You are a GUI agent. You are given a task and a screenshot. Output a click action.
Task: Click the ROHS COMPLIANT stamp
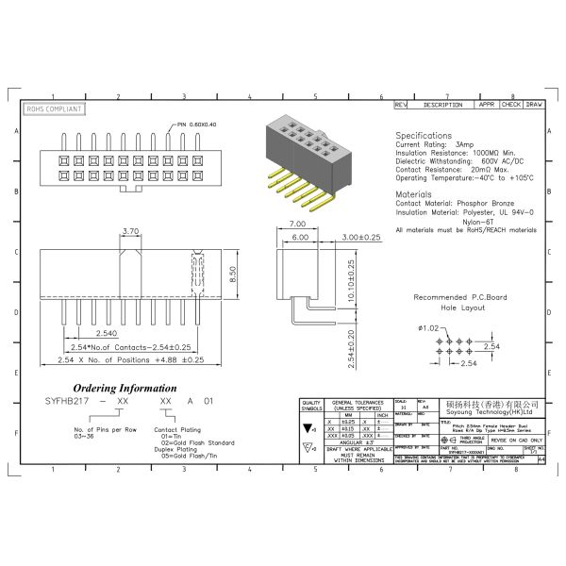click(55, 109)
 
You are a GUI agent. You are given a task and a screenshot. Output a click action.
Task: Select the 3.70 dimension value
click(132, 231)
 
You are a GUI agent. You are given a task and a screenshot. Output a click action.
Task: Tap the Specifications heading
click(423, 136)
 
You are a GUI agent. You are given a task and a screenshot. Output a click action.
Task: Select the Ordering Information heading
click(125, 388)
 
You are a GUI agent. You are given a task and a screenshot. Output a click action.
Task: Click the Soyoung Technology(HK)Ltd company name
click(482, 412)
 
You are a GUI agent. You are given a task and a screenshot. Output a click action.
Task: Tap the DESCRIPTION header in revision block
click(442, 105)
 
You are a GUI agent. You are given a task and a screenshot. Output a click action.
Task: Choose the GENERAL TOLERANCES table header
click(360, 405)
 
